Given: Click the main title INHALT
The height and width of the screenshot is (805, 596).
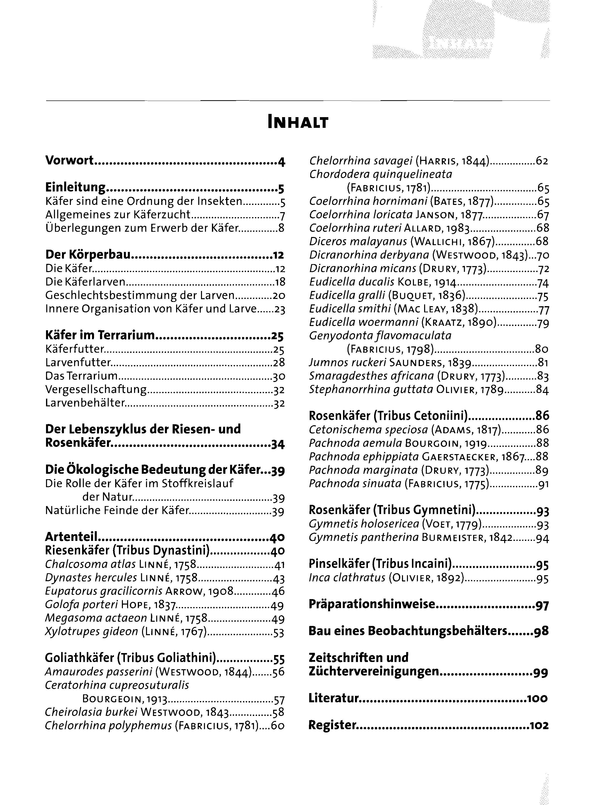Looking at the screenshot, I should tap(298, 122).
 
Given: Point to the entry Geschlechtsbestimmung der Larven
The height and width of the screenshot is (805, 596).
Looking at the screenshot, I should tap(140, 296).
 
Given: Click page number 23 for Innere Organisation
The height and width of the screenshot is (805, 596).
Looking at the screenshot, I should tap(280, 309).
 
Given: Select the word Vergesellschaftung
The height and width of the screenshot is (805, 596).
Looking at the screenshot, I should tap(96, 389).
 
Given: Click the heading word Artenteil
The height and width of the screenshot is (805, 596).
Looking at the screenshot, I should tap(71, 537).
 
